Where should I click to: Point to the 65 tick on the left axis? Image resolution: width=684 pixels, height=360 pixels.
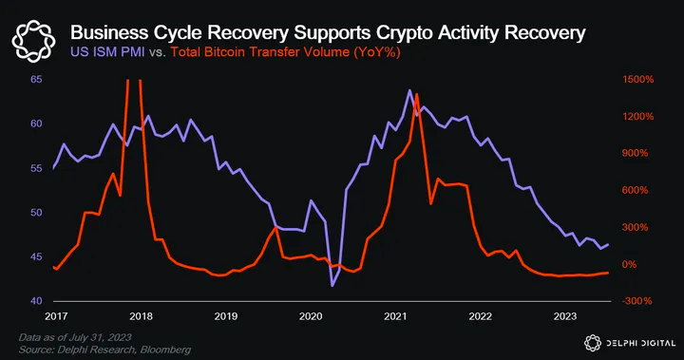click(35, 80)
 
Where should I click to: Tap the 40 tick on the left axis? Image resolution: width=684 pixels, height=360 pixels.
click(35, 301)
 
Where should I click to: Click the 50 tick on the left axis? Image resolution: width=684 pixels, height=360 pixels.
click(35, 213)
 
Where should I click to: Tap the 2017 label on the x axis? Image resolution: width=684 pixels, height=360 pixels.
click(56, 315)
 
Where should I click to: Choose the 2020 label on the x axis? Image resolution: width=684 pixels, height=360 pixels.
click(311, 315)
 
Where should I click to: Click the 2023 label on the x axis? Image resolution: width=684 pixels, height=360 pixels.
click(565, 315)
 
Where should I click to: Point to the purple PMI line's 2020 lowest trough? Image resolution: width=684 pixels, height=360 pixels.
click(332, 285)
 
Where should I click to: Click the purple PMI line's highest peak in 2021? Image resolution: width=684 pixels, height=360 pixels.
click(409, 90)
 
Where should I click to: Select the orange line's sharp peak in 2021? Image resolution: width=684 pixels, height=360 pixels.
click(416, 94)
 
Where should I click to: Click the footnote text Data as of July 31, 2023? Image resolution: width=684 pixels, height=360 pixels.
click(75, 338)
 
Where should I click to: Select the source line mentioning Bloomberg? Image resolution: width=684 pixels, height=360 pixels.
click(104, 350)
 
